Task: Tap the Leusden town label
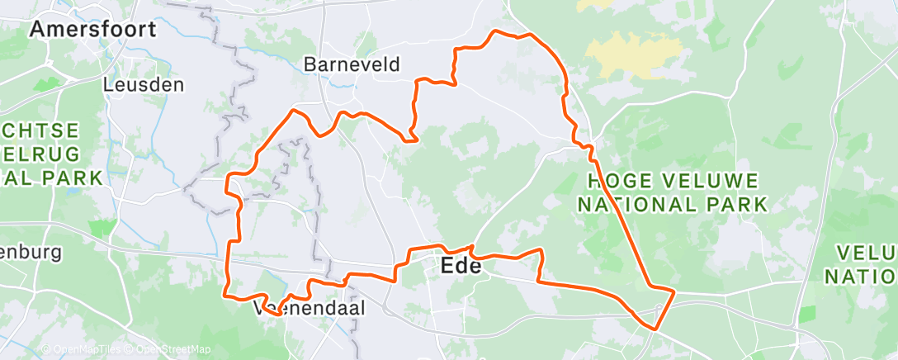144,84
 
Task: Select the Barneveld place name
352,64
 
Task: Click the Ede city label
461,267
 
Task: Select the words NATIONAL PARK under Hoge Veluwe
672,203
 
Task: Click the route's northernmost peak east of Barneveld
495,31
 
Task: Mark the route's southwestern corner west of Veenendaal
225,292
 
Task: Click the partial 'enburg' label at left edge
31,253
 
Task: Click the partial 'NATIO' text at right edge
862,276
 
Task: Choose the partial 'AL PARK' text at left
51,177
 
